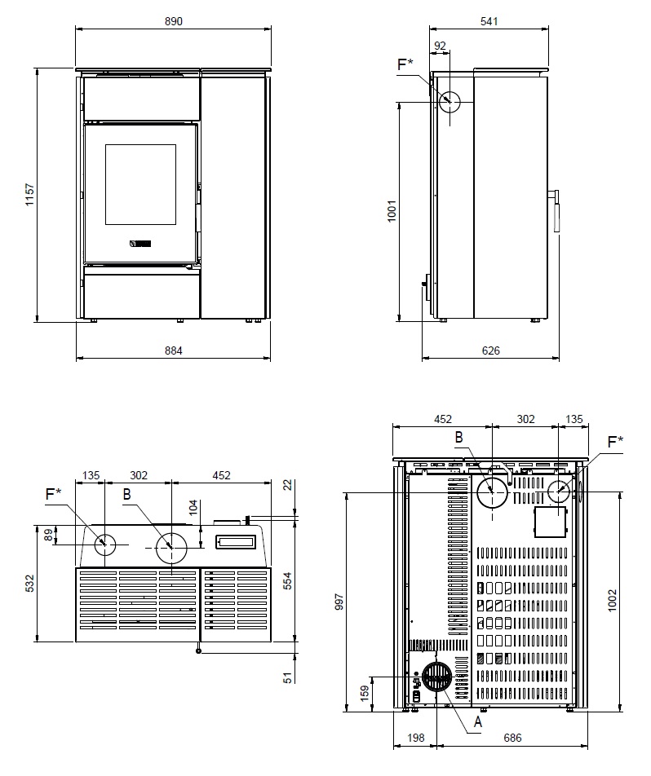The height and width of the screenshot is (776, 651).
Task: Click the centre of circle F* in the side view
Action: (x=449, y=102)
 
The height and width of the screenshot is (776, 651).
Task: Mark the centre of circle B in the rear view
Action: (x=492, y=492)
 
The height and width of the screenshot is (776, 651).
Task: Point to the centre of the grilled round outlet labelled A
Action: (x=437, y=677)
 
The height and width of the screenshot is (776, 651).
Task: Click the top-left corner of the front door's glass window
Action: (x=105, y=145)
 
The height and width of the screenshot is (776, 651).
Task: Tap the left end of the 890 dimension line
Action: (x=76, y=29)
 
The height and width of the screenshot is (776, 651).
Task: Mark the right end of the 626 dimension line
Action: (x=559, y=357)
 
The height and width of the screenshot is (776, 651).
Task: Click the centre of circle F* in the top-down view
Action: (x=104, y=545)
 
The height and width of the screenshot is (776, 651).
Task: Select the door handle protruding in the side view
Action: (x=556, y=211)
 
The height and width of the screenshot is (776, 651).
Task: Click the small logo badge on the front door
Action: (x=140, y=243)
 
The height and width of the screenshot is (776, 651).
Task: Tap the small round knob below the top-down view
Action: (x=199, y=650)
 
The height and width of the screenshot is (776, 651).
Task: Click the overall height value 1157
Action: (x=30, y=195)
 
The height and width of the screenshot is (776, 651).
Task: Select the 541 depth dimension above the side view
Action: (x=489, y=21)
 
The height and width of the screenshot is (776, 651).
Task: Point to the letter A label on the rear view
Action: (x=477, y=722)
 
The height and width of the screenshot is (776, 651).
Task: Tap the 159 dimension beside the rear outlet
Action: (x=365, y=694)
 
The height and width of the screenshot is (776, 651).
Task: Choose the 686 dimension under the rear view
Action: (x=512, y=738)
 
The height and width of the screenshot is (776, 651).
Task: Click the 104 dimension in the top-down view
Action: (x=193, y=508)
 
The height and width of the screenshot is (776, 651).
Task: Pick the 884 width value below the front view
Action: (x=174, y=351)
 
